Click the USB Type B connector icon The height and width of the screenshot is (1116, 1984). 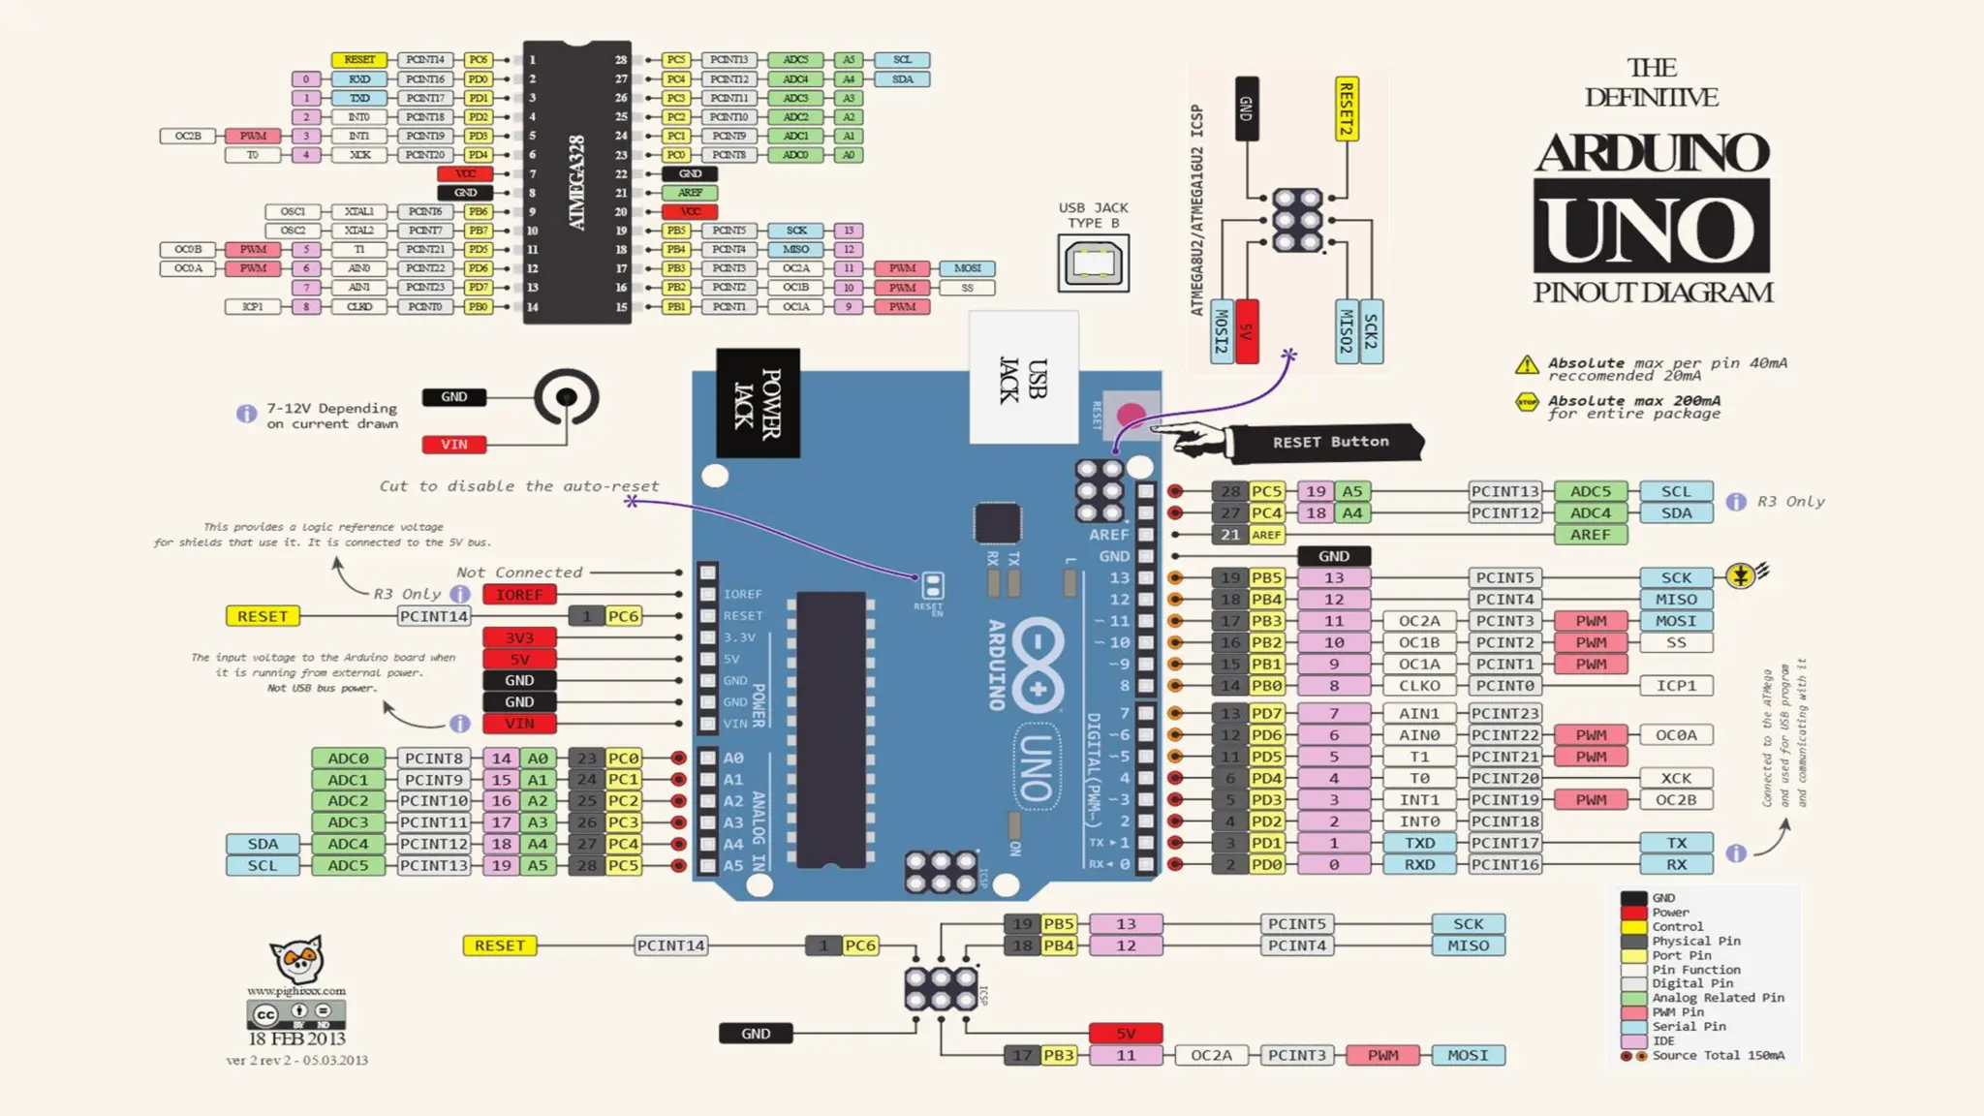coord(1093,263)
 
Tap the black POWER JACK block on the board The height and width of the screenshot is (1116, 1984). coord(758,403)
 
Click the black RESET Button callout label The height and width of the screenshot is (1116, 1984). coord(1329,442)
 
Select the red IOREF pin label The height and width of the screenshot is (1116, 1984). coord(519,595)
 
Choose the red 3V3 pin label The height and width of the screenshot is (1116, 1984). coord(519,637)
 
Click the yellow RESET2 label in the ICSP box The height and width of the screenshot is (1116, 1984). coord(1346,108)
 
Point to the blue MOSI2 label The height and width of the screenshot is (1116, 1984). coord(1222,330)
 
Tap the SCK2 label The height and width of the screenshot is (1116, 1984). coord(1371,330)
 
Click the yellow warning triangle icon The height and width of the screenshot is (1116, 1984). coord(1527,365)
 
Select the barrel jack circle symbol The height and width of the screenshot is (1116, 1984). coord(567,397)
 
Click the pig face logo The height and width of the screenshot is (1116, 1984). coord(297,959)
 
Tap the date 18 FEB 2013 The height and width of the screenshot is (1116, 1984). coord(296,1038)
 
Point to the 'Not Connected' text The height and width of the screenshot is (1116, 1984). coord(519,573)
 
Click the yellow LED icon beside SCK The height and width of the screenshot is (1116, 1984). coord(1741,576)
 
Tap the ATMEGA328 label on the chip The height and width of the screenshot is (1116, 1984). coord(576,182)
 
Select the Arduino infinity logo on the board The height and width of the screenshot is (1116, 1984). coord(1038,666)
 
